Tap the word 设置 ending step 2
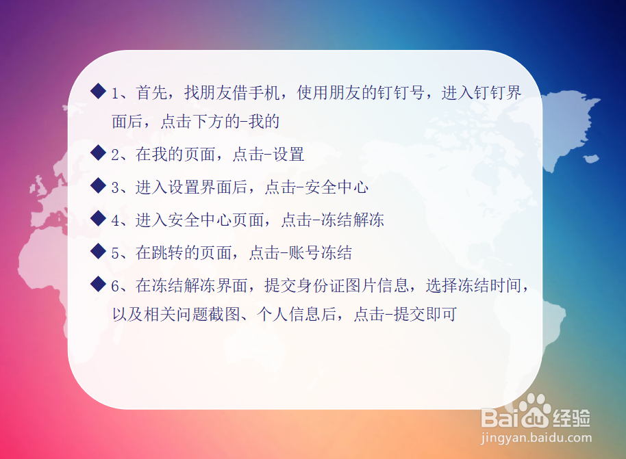pyautogui.click(x=288, y=155)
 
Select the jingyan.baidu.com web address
pyautogui.click(x=536, y=438)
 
